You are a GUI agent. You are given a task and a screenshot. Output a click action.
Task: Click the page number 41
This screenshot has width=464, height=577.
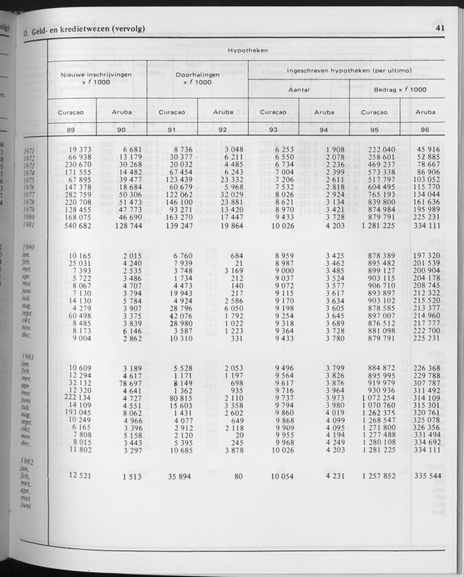441,28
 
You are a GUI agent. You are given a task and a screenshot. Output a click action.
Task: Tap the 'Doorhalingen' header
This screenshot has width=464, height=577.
198,75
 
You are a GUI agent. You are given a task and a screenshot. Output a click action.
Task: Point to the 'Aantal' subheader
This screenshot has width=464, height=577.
298,90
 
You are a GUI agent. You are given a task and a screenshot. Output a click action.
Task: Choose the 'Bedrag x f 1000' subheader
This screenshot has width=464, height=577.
400,90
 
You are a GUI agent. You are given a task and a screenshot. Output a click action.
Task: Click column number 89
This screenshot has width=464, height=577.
71,130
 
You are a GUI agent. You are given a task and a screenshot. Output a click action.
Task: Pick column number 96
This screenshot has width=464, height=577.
425,130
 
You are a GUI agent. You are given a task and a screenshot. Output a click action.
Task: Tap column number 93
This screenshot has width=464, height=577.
273,130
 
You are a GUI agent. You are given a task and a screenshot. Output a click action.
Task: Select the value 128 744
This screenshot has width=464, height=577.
128,225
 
